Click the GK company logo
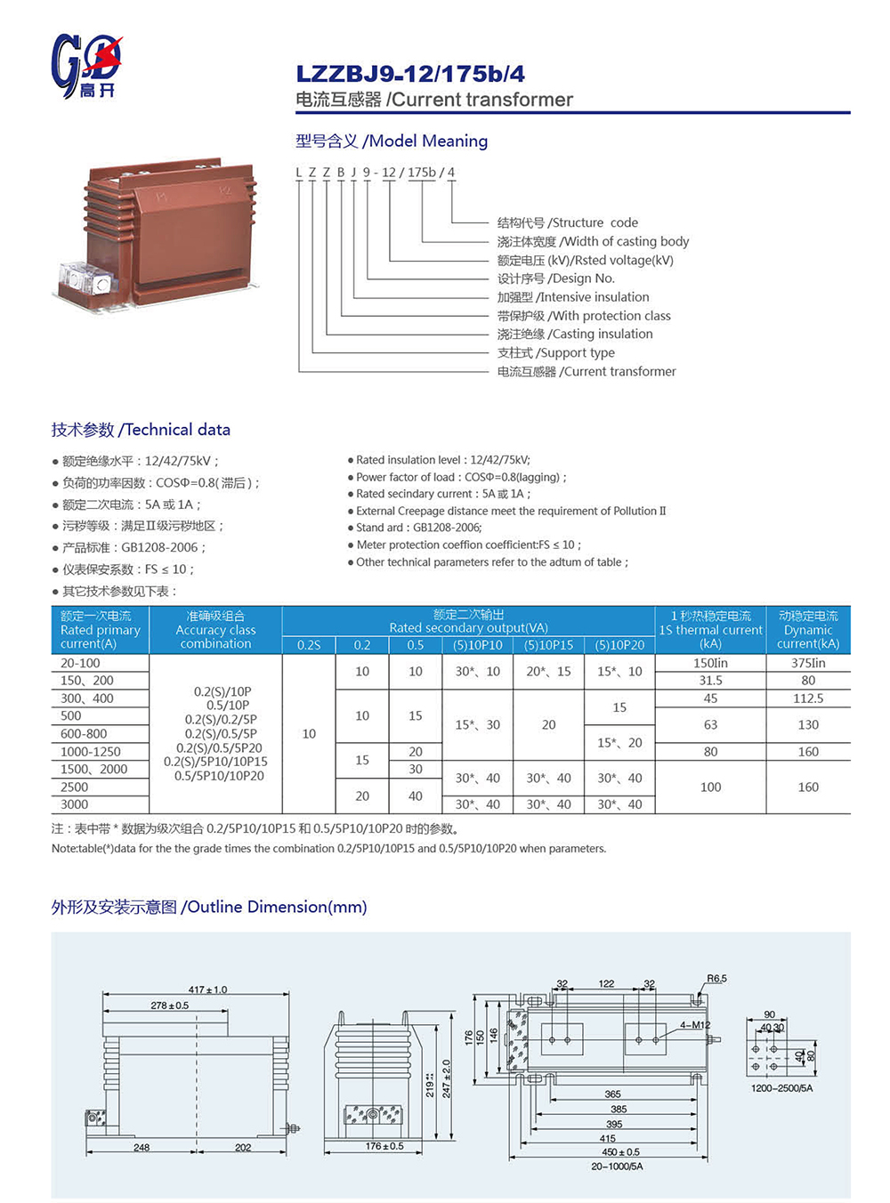[85, 65]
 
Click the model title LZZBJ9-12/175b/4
[410, 74]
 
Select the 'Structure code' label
[567, 222]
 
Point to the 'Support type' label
[555, 352]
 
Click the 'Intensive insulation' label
[573, 297]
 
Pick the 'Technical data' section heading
[141, 430]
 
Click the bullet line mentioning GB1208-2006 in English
[418, 528]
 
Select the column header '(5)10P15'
[548, 645]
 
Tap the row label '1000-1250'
[91, 752]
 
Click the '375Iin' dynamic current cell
[807, 663]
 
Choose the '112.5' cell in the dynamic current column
[807, 698]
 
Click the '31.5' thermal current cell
[710, 681]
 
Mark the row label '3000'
[75, 804]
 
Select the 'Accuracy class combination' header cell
[215, 630]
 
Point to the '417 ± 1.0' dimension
[207, 989]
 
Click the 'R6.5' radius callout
[716, 979]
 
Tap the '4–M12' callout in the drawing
[695, 1025]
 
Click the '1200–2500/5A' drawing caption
[781, 1088]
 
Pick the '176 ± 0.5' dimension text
[384, 1146]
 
